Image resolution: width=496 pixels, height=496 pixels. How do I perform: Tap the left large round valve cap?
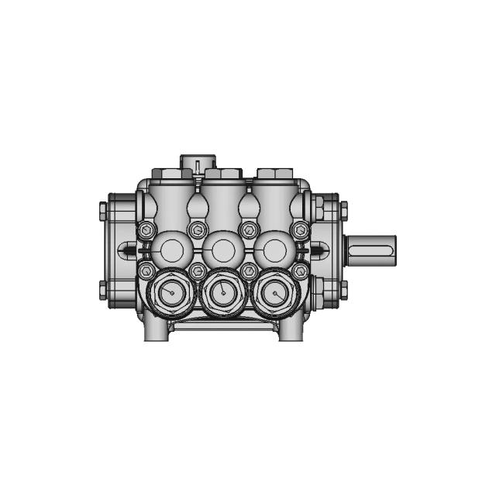click(169, 293)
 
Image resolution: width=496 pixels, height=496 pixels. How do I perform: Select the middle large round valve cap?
click(223, 293)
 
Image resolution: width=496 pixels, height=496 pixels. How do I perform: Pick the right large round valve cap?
click(275, 293)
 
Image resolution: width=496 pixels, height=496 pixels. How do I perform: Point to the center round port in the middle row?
click(223, 250)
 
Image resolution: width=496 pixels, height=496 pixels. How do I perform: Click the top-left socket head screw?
click(146, 230)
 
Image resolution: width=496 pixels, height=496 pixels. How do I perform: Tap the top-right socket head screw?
click(301, 230)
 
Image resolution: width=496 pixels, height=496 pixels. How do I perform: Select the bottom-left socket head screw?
click(146, 270)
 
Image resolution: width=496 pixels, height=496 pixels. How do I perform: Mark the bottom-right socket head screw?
click(301, 270)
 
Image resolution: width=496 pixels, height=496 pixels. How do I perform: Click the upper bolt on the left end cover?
click(103, 209)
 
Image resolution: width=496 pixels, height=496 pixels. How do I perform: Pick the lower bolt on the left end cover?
click(103, 291)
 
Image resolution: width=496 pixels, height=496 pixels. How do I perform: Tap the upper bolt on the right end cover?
click(343, 209)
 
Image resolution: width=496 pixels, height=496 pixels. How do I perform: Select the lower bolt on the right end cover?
click(343, 291)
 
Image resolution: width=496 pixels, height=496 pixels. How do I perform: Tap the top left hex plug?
click(167, 173)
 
